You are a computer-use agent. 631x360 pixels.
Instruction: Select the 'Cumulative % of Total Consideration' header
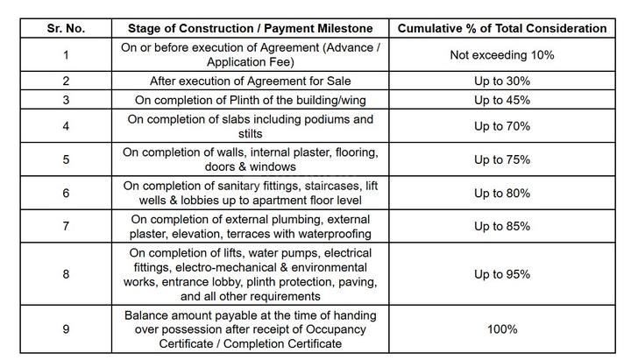pos(502,28)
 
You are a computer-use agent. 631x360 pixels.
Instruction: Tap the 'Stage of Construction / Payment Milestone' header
pos(250,28)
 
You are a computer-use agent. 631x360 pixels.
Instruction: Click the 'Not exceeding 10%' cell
pos(502,55)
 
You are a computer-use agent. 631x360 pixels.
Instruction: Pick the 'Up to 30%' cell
pos(502,81)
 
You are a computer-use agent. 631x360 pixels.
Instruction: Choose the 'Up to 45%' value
pos(502,100)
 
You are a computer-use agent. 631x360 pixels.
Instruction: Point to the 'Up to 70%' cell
pos(502,126)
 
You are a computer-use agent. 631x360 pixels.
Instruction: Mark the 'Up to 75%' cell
pos(502,159)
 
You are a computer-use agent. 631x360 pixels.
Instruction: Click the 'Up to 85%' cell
pos(502,226)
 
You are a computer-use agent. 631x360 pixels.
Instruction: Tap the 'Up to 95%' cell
pos(502,274)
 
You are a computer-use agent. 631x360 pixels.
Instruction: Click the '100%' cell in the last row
pos(502,328)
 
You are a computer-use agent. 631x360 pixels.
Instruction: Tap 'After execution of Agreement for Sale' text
pos(250,81)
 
